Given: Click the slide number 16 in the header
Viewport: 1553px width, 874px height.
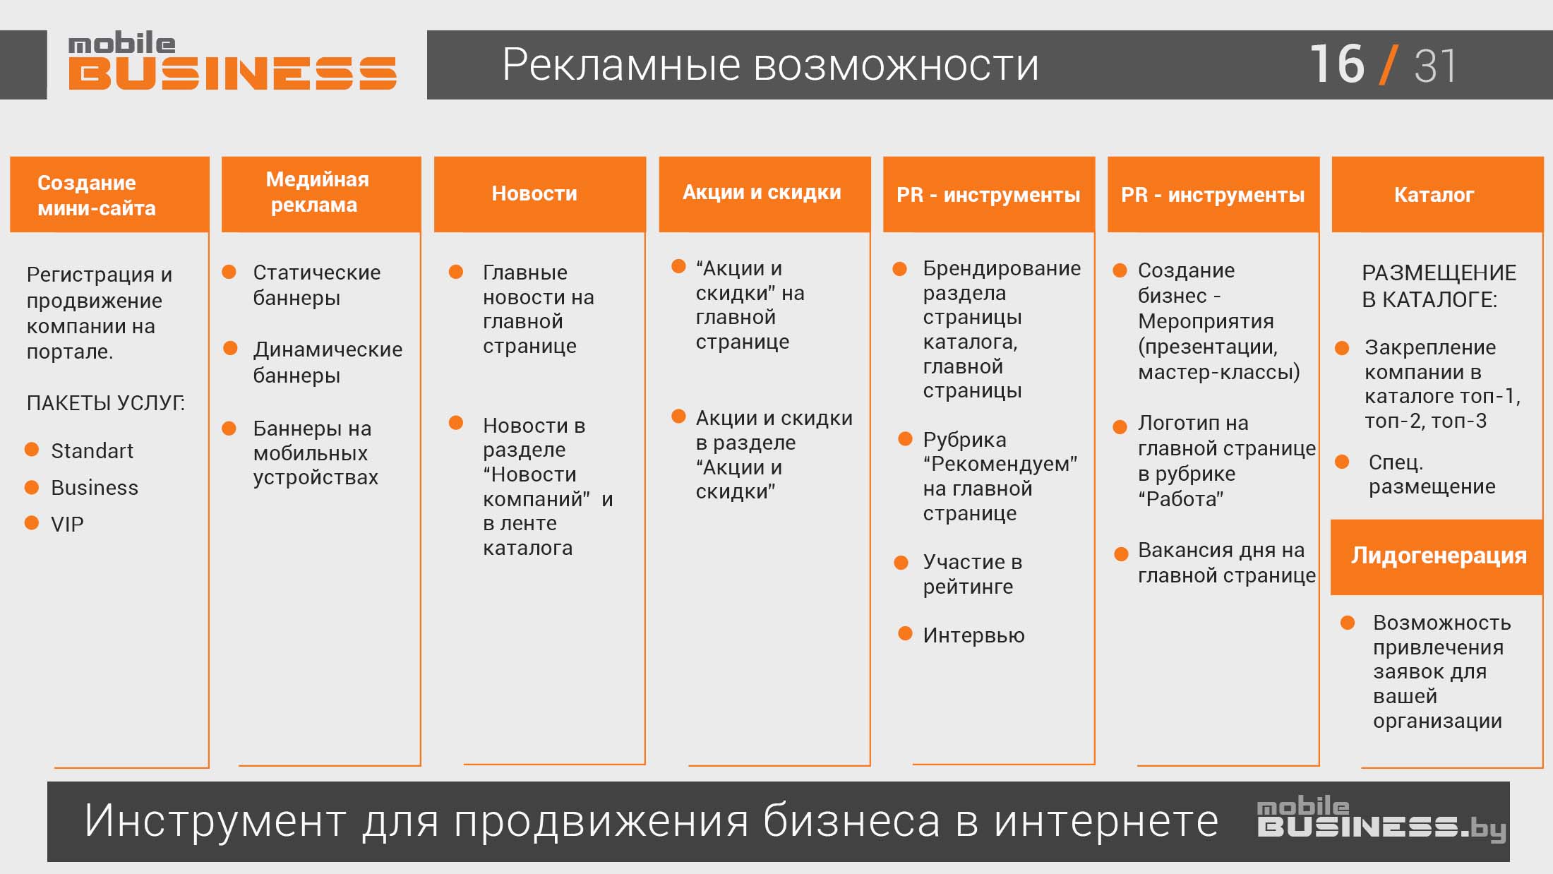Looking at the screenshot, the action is pyautogui.click(x=1337, y=64).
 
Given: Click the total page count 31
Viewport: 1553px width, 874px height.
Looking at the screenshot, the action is pyautogui.click(x=1435, y=66).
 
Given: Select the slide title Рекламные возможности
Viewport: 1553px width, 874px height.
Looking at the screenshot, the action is pyautogui.click(x=770, y=65).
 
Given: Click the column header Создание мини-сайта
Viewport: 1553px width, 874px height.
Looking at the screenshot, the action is pyautogui.click(x=109, y=194).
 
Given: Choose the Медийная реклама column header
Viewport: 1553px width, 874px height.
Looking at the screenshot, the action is pyautogui.click(x=321, y=194).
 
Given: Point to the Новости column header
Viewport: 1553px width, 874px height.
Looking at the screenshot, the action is pyautogui.click(x=540, y=194).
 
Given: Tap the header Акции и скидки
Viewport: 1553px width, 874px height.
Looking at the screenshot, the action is pyautogui.click(x=764, y=194).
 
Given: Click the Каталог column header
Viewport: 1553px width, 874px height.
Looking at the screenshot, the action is pyautogui.click(x=1437, y=194).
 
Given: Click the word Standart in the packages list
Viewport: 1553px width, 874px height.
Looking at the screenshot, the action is pyautogui.click(x=92, y=450).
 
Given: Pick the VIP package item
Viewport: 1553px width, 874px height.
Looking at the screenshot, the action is pyautogui.click(x=67, y=524).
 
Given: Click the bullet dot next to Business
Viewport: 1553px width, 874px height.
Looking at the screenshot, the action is pyautogui.click(x=32, y=486).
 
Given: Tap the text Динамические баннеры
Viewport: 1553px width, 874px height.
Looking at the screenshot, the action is pyautogui.click(x=328, y=362).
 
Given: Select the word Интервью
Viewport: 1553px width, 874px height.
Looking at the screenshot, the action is pyautogui.click(x=973, y=635).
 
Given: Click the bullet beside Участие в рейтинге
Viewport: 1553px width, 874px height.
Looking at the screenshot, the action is pyautogui.click(x=901, y=563).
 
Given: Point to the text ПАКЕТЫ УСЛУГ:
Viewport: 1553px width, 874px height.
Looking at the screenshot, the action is pyautogui.click(x=106, y=402).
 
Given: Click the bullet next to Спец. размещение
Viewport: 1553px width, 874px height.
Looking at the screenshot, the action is pyautogui.click(x=1342, y=462).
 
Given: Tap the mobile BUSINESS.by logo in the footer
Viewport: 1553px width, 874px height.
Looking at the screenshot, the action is pyautogui.click(x=1381, y=819).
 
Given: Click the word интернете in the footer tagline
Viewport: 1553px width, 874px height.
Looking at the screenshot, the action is pyautogui.click(x=1106, y=821).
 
